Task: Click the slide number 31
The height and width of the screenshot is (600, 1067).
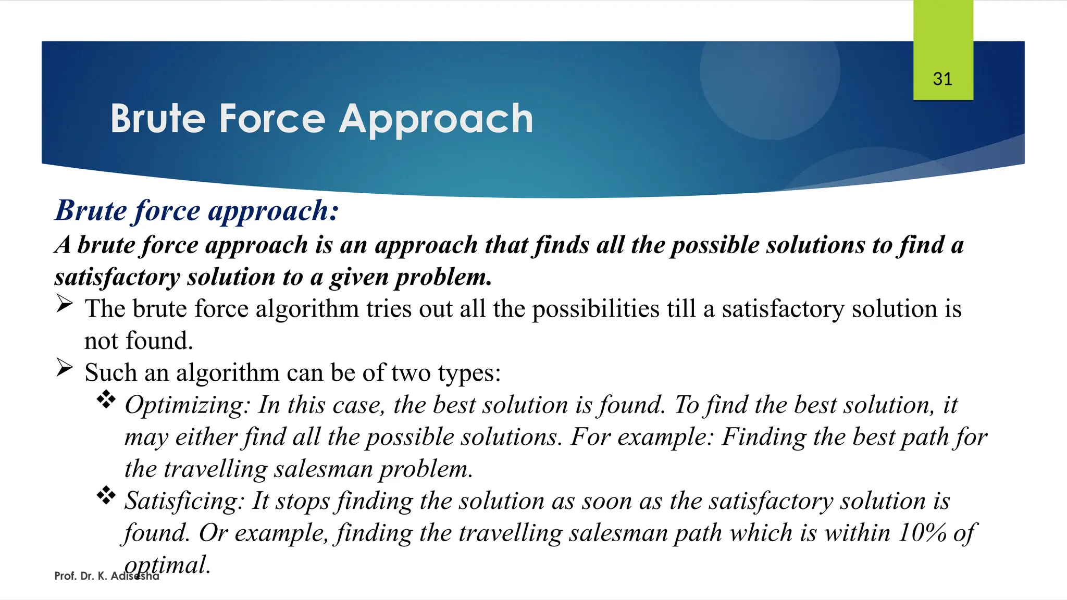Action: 942,79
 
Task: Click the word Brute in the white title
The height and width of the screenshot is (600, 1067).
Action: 158,119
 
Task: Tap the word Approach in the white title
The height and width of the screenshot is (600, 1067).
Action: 436,120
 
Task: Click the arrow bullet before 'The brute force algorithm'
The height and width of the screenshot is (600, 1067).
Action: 64,304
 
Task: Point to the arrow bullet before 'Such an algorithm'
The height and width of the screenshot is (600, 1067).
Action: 64,368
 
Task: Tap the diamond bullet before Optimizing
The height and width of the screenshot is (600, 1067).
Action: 106,399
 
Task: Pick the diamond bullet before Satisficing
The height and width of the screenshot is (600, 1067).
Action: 106,495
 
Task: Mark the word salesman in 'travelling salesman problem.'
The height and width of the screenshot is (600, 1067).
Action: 323,469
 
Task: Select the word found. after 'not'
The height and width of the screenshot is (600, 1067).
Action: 159,341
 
